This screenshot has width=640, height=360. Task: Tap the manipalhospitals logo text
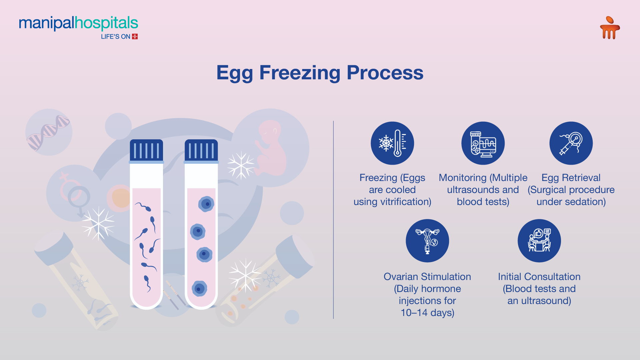coord(78,23)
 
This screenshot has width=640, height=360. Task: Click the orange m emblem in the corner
coord(610,28)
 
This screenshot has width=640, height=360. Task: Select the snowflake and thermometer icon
coord(392,143)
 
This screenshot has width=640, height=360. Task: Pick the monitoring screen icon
coord(483,143)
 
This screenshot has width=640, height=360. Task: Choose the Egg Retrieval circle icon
coord(571,143)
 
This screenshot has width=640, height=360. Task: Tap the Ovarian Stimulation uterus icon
coord(427,241)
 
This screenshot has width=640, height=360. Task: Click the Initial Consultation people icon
coord(539,241)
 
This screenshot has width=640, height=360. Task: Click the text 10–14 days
coord(427,313)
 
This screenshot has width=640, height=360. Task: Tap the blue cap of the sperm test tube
coord(146,151)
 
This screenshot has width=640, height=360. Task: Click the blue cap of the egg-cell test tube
coord(201,151)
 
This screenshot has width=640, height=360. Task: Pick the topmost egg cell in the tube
coord(206,204)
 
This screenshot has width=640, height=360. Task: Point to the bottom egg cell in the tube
coord(199,289)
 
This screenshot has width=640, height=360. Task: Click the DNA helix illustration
coord(49,132)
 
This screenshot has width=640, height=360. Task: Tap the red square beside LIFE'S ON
coord(135,36)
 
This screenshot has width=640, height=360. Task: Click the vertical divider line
coord(333,220)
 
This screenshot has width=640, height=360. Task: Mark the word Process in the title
coord(385,73)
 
